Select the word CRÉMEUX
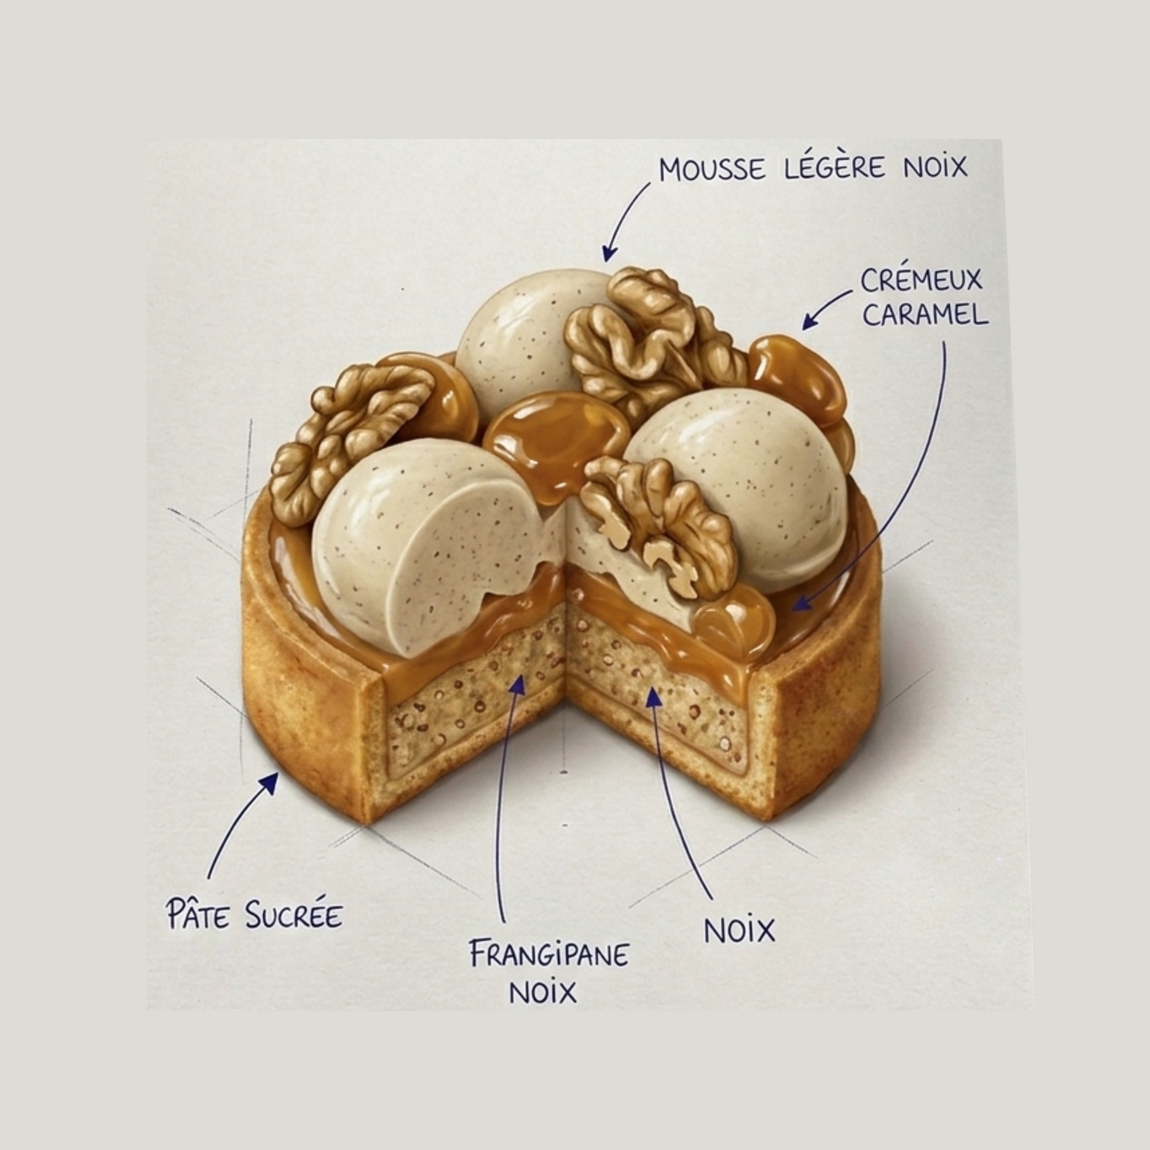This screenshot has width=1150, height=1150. (922, 280)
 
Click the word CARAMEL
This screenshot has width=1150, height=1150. (925, 314)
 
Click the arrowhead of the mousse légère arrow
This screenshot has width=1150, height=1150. (607, 253)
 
